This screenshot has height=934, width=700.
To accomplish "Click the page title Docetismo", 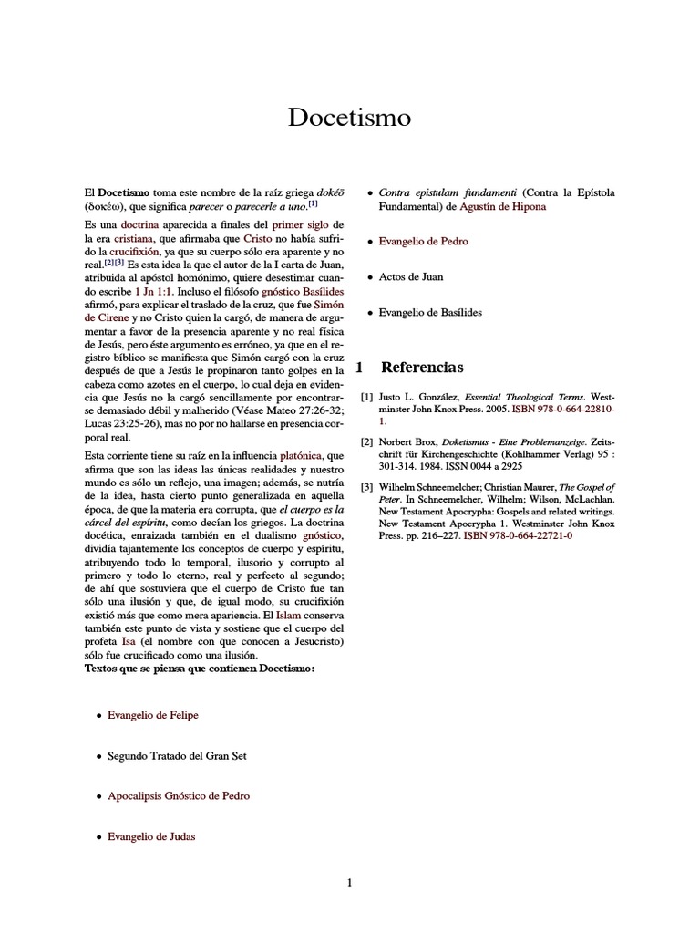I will click(349, 118).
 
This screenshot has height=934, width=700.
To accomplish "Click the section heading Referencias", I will click(421, 368).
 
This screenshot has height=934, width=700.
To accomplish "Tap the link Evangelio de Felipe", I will click(152, 715).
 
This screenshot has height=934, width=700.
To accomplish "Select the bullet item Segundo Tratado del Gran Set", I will click(177, 755).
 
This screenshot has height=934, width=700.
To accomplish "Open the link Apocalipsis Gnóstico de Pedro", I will click(178, 795).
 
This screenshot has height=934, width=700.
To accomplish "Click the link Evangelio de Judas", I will click(150, 835).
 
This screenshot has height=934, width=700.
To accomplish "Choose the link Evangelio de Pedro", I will click(423, 242).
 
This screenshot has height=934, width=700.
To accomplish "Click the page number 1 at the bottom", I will click(349, 882).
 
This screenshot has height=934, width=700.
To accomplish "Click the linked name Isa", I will click(128, 642).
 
